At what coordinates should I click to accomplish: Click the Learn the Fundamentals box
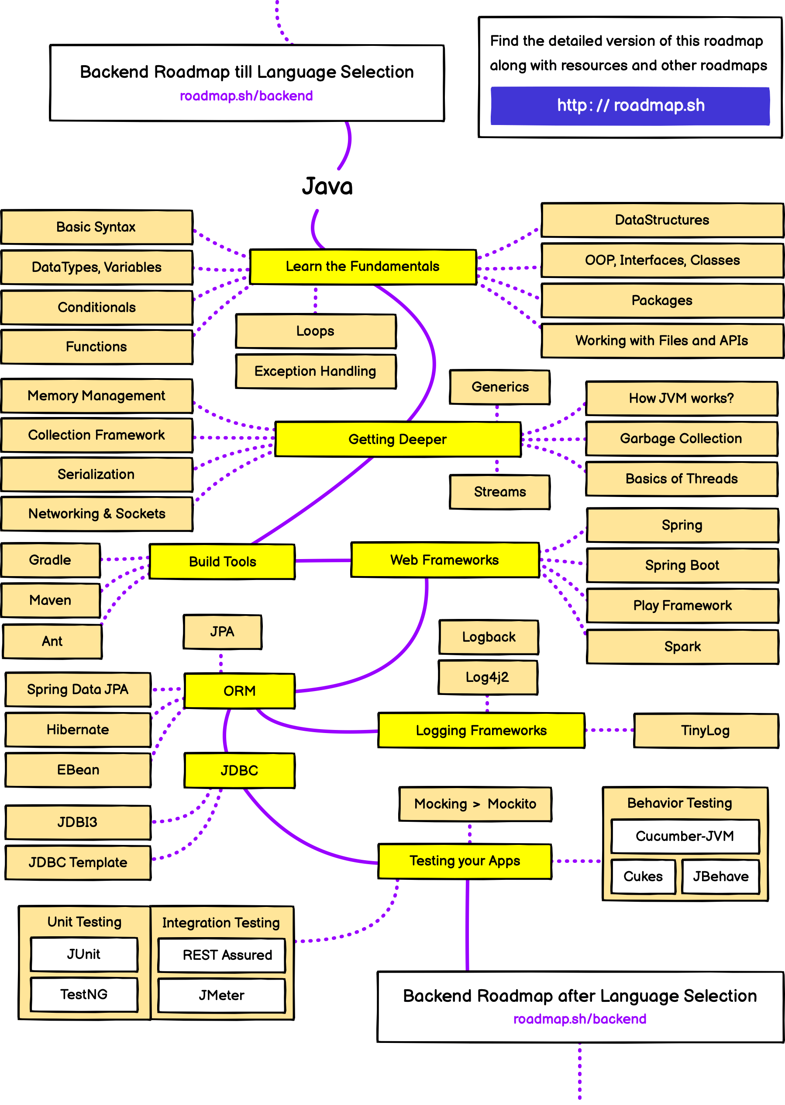pos(362,267)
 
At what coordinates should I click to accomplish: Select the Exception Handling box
pos(316,372)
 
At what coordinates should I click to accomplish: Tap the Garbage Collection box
pos(681,438)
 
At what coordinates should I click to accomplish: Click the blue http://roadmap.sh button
pos(630,106)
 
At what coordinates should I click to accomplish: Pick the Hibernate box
pos(78,730)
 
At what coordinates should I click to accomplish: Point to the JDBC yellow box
pos(239,770)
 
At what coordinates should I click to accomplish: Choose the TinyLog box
pos(705,730)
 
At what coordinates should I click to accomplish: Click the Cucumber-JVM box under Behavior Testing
pos(685,836)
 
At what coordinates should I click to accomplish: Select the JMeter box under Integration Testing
pos(221,995)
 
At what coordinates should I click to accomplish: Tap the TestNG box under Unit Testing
pos(84,995)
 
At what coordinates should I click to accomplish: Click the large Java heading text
pos(327,187)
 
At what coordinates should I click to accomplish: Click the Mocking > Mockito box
pos(475,804)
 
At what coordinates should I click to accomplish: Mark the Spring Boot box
pos(682,565)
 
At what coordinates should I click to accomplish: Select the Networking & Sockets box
pos(96,514)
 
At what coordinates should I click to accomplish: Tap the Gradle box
pos(50,560)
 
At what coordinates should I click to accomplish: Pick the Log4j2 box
pos(487,678)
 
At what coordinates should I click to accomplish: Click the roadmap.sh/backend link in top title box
pos(246,96)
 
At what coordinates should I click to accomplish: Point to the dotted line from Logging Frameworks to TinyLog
pos(609,730)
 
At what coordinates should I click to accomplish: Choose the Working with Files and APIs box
pos(661,341)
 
